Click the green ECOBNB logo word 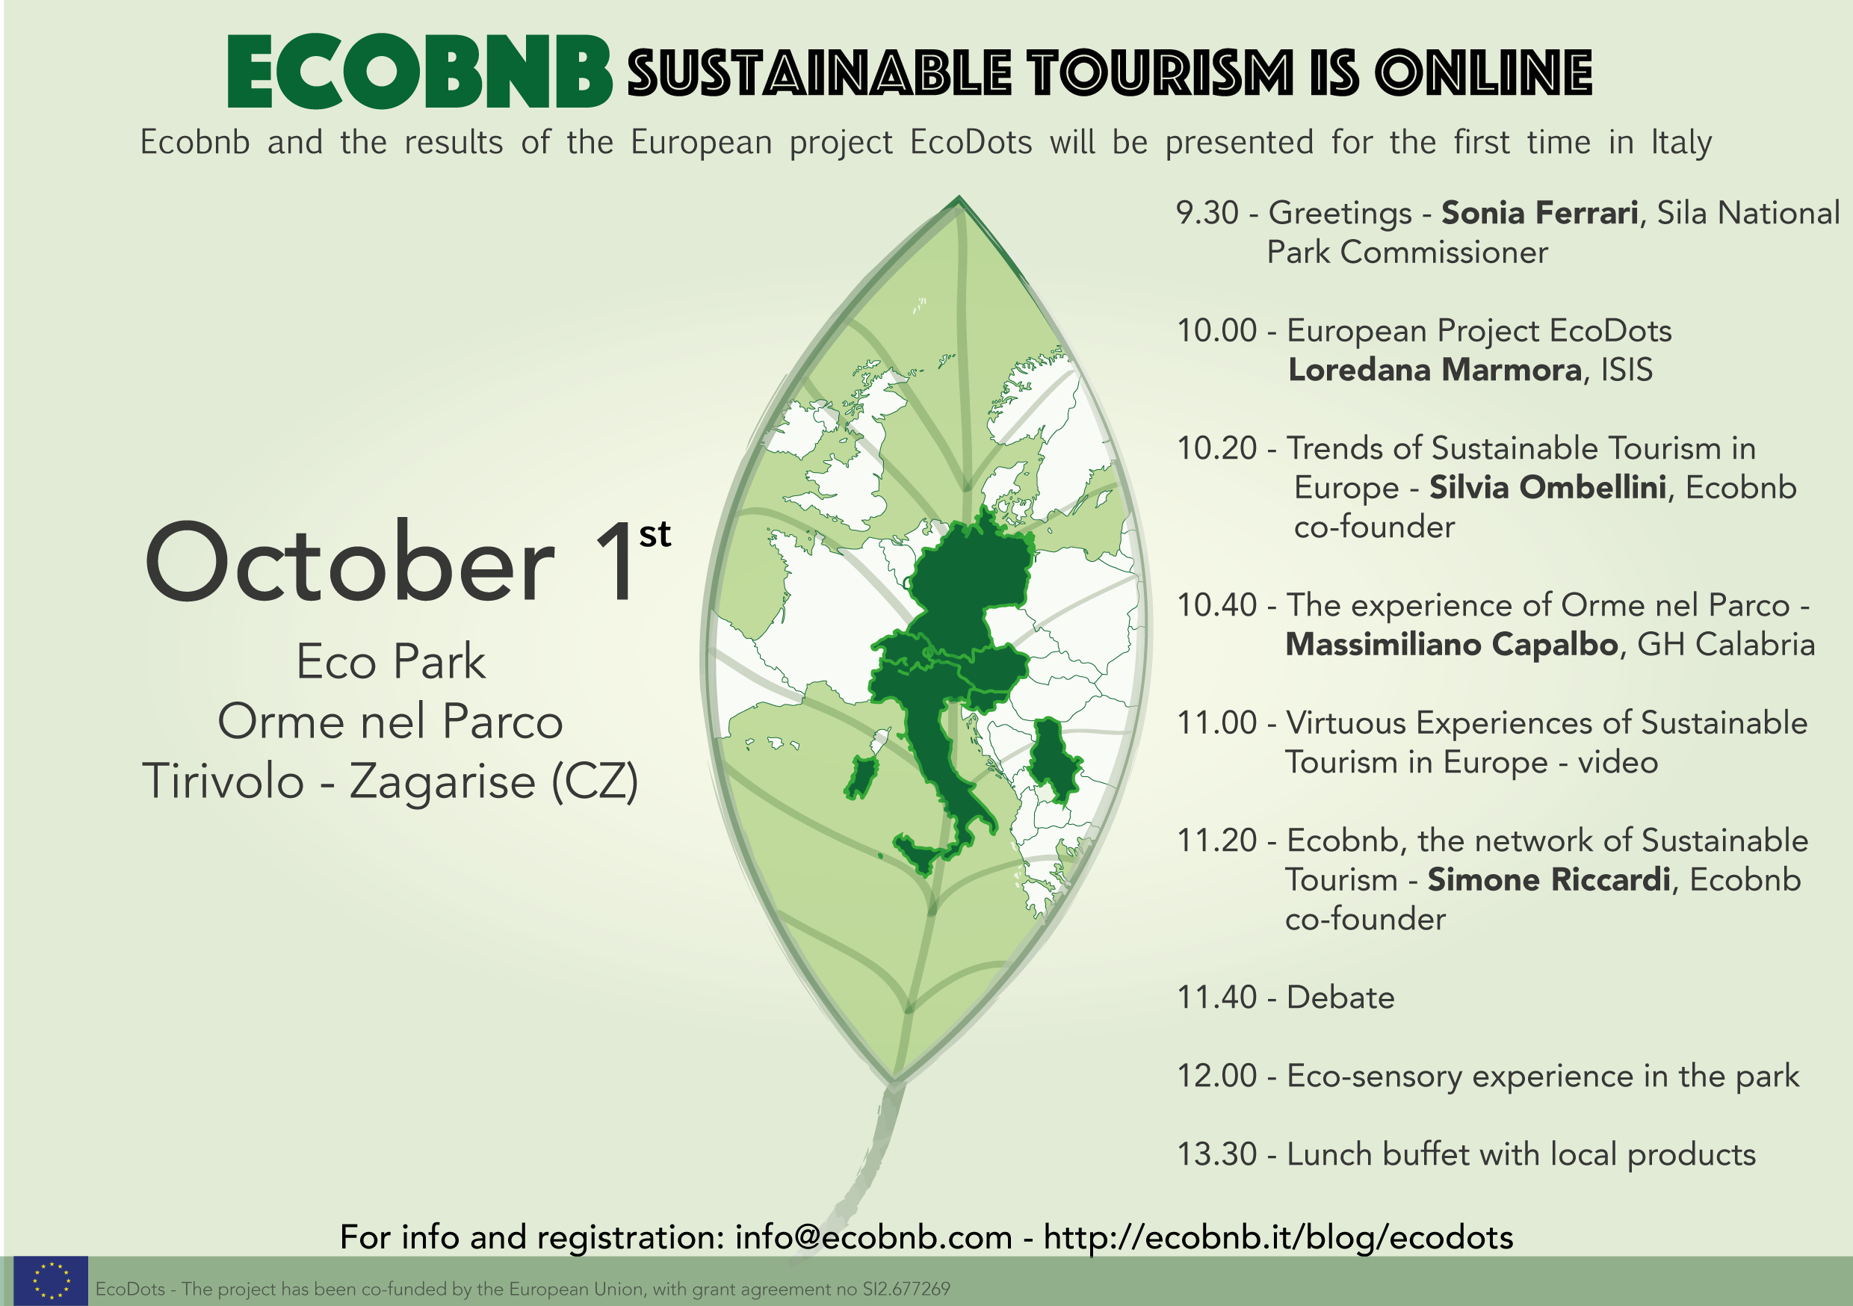coord(420,71)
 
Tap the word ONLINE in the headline coord(1483,72)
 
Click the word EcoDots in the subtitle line coord(971,142)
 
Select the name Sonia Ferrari coord(1540,212)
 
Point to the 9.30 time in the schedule coord(1207,212)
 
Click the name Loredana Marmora coord(1435,370)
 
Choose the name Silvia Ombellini coord(1547,488)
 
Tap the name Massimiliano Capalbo coord(1452,644)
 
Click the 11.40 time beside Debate coord(1216,997)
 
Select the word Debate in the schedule coord(1340,997)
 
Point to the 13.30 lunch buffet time coord(1216,1154)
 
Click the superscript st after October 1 coord(655,534)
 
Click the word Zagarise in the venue coord(442,782)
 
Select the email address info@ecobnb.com coord(873,1237)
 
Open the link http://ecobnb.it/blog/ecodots coord(1278,1237)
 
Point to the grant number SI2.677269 coord(906,1289)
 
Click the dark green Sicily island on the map coord(919,855)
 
